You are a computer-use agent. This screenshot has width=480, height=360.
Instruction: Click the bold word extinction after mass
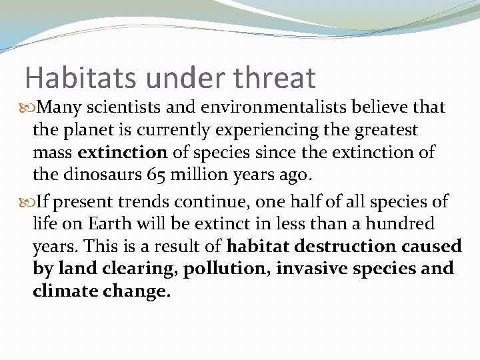tap(122, 152)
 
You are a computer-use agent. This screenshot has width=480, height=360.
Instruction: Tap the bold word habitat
tap(257, 246)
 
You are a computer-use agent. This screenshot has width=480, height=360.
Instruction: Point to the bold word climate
tap(63, 291)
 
